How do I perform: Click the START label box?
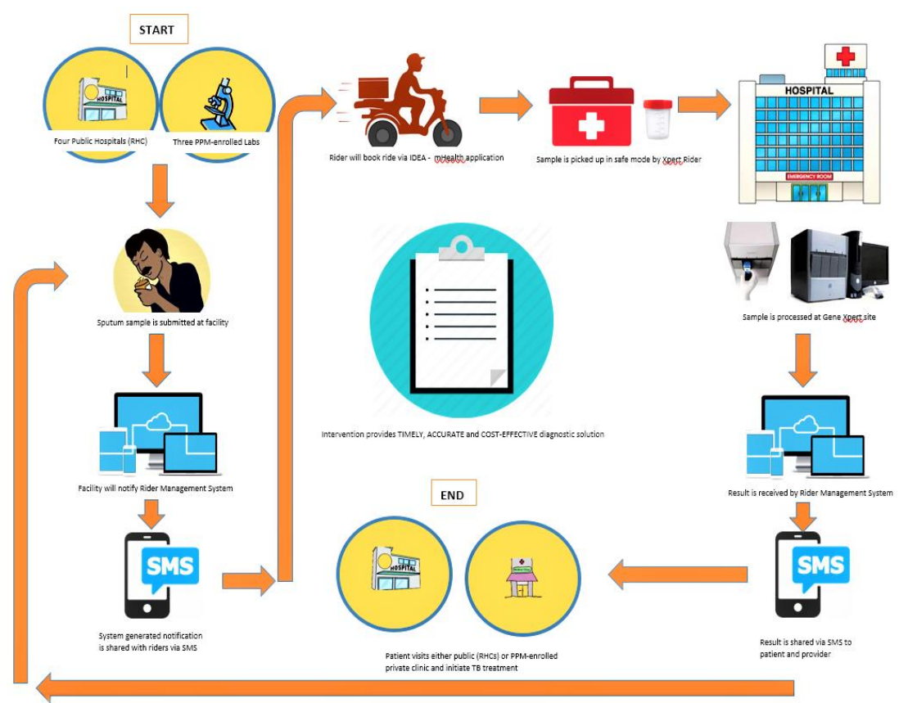(158, 29)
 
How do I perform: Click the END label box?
(452, 494)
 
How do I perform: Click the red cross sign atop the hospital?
(844, 56)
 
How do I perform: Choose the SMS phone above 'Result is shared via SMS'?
(812, 575)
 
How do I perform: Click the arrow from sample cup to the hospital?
(703, 104)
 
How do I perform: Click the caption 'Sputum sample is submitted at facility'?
(162, 322)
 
